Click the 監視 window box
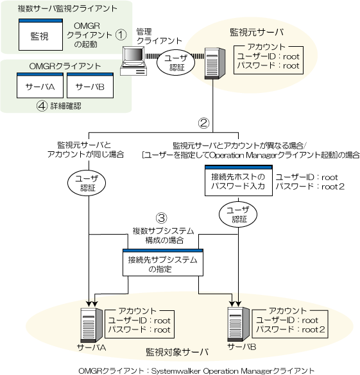[40, 35]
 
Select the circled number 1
[121, 35]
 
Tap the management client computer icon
[133, 61]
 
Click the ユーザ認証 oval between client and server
[176, 62]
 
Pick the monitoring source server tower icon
[215, 63]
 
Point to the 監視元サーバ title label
[257, 32]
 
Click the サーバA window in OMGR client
[40, 85]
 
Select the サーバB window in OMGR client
[90, 85]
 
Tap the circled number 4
[42, 106]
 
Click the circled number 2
[203, 123]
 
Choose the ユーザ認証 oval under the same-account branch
[87, 183]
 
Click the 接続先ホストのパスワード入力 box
[239, 181]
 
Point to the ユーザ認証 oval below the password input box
[238, 214]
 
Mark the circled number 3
[162, 218]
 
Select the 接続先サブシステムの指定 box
[163, 263]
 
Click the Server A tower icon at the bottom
[91, 325]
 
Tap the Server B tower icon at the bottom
[239, 324]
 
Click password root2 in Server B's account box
[313, 329]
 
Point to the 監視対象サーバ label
[177, 352]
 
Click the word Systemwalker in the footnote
[176, 371]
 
